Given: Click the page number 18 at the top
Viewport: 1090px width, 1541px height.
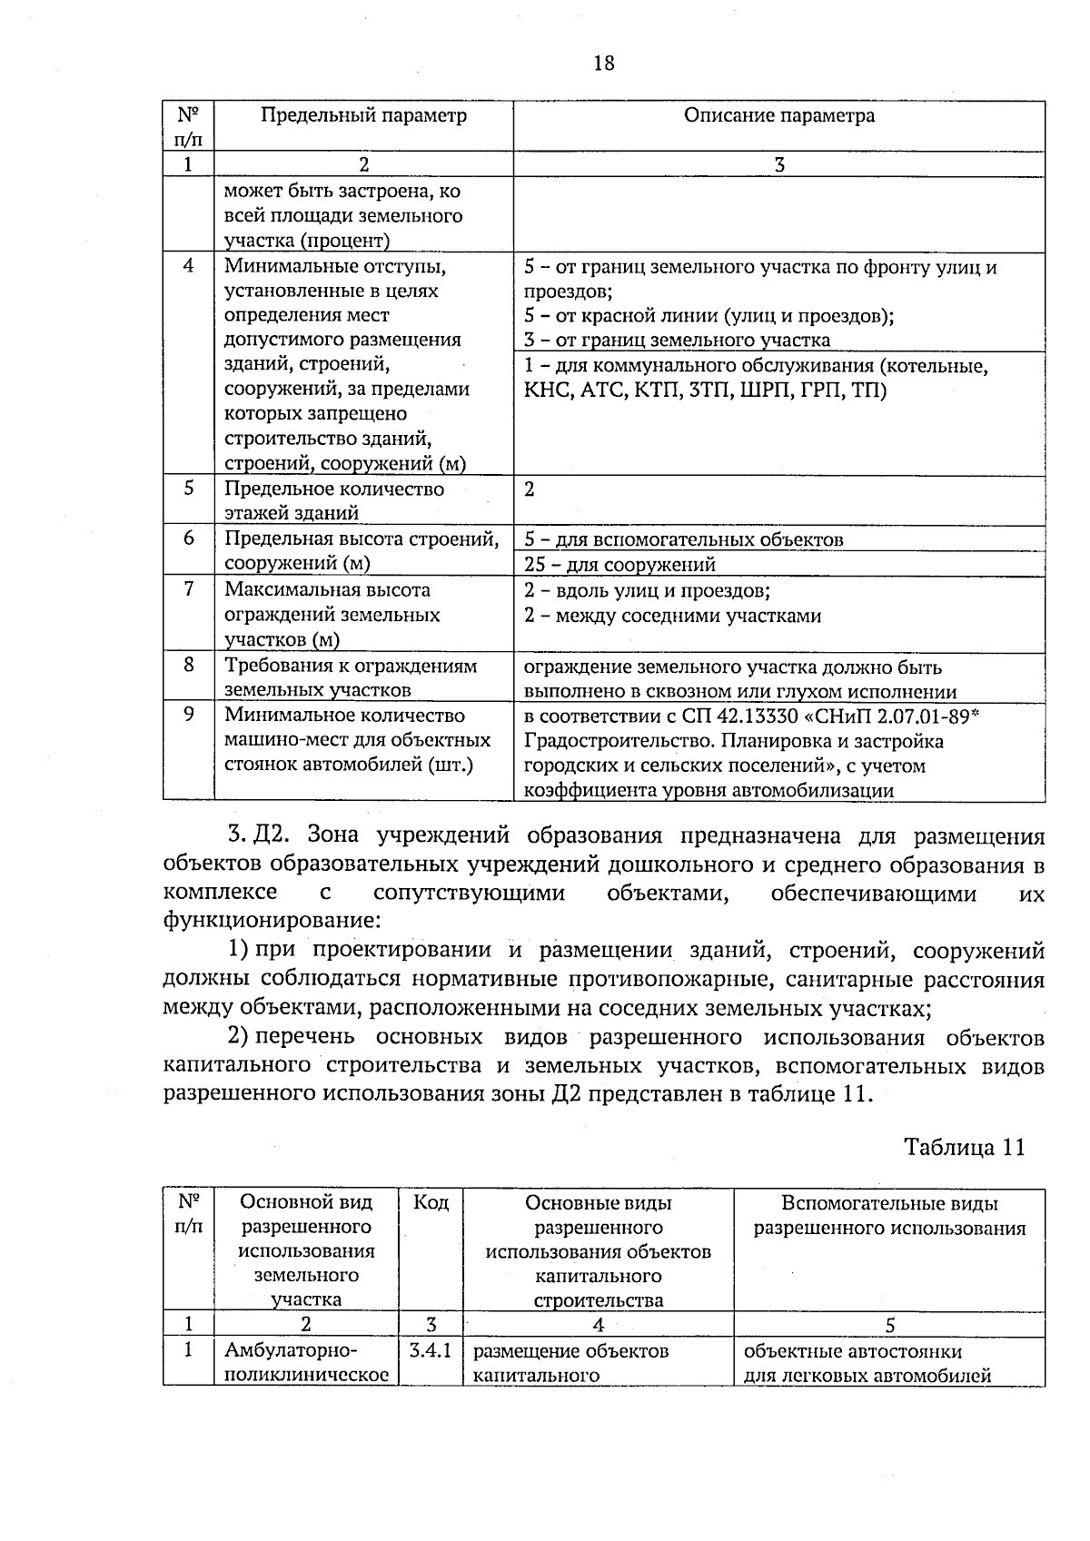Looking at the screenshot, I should click(x=603, y=64).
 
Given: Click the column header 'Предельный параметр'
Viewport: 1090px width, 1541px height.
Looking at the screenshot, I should click(x=363, y=115).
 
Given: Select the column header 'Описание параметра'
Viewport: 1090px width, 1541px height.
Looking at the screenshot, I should click(x=778, y=115).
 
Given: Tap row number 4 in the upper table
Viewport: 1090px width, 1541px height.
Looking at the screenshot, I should click(x=189, y=266).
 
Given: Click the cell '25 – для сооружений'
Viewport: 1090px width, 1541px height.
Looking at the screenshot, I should click(x=620, y=565).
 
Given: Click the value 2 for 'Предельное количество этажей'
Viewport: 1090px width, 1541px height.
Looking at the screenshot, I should click(x=530, y=489).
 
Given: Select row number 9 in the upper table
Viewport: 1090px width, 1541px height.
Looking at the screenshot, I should click(x=189, y=715).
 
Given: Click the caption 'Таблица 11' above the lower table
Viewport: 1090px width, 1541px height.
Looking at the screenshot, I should click(x=964, y=1147).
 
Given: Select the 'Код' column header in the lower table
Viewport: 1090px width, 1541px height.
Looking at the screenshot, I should click(x=431, y=1203).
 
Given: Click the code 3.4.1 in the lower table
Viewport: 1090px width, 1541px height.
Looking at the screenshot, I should click(x=431, y=1351).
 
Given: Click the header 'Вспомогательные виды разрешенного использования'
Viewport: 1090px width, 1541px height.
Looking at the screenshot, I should click(x=889, y=1216).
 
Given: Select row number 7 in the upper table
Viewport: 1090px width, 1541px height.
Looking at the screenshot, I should click(x=189, y=589).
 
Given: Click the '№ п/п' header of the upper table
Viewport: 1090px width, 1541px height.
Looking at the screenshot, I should click(x=188, y=126).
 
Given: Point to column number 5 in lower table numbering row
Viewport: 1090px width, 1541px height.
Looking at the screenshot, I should click(x=889, y=1324).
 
